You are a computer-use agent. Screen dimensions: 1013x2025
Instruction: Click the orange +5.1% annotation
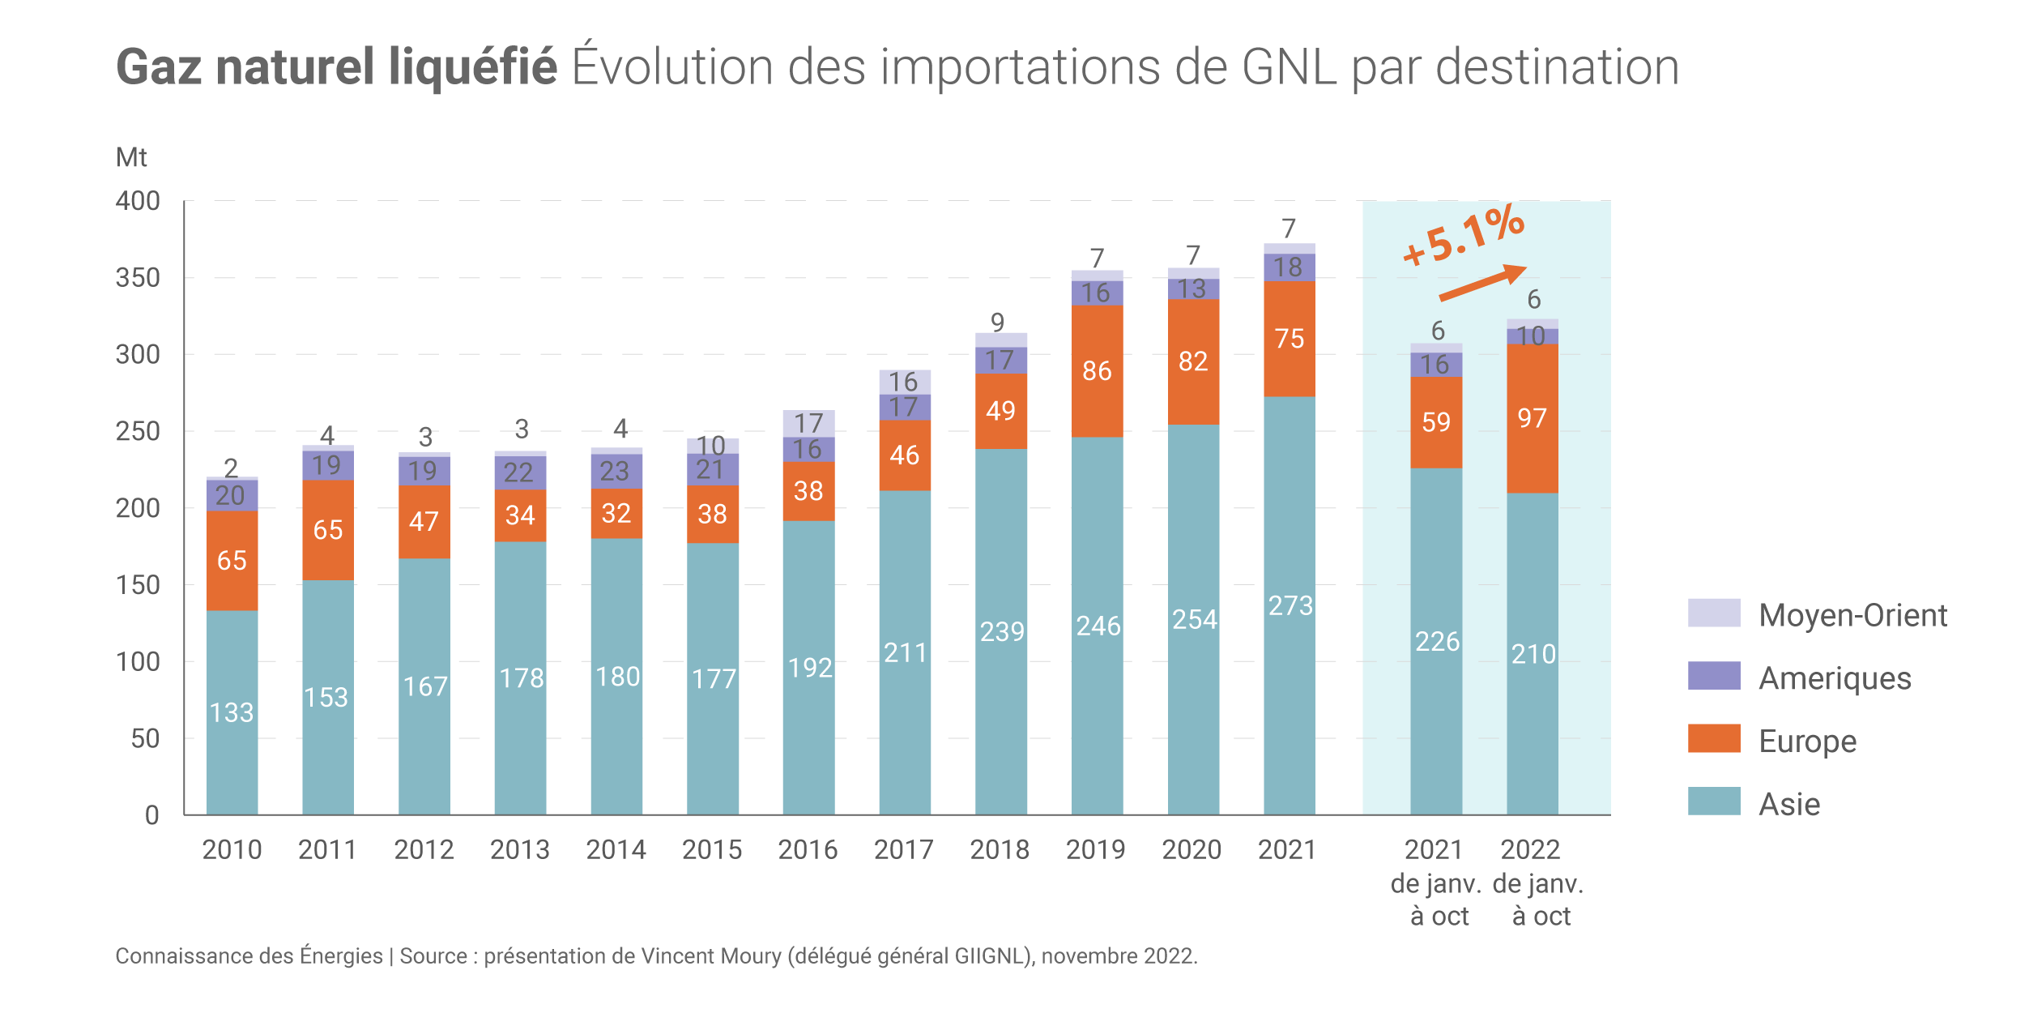coord(1464,236)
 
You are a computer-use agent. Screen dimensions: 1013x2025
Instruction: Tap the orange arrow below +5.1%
coord(1482,283)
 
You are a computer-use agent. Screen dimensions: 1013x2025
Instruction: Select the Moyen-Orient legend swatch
coord(1714,613)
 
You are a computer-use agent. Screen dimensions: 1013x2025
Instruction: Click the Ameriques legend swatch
coord(1714,676)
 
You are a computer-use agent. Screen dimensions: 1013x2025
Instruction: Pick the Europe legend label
coord(1807,741)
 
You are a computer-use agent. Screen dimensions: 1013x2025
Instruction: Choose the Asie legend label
coord(1789,804)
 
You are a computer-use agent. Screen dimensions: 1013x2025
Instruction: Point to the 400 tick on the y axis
coord(138,201)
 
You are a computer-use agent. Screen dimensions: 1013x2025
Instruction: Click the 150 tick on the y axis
coord(138,585)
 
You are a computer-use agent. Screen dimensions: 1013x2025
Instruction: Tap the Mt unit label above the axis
coord(131,157)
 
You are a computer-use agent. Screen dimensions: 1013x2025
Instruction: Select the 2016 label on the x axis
coord(808,849)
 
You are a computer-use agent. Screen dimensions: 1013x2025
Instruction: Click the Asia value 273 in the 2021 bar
coord(1290,605)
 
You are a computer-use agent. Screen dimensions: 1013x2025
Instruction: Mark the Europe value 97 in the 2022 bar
coord(1532,418)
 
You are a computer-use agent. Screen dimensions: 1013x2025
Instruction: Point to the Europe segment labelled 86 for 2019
coord(1097,371)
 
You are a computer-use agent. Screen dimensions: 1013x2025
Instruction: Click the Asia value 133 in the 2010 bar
coord(232,712)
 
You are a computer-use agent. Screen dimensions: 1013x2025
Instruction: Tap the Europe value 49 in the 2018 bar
coord(1000,411)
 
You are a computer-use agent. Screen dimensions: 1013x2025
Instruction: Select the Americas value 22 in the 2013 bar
coord(519,472)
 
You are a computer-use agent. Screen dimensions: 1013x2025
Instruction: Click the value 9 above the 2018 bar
coord(998,323)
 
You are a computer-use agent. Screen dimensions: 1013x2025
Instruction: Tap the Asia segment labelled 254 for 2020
coord(1194,619)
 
